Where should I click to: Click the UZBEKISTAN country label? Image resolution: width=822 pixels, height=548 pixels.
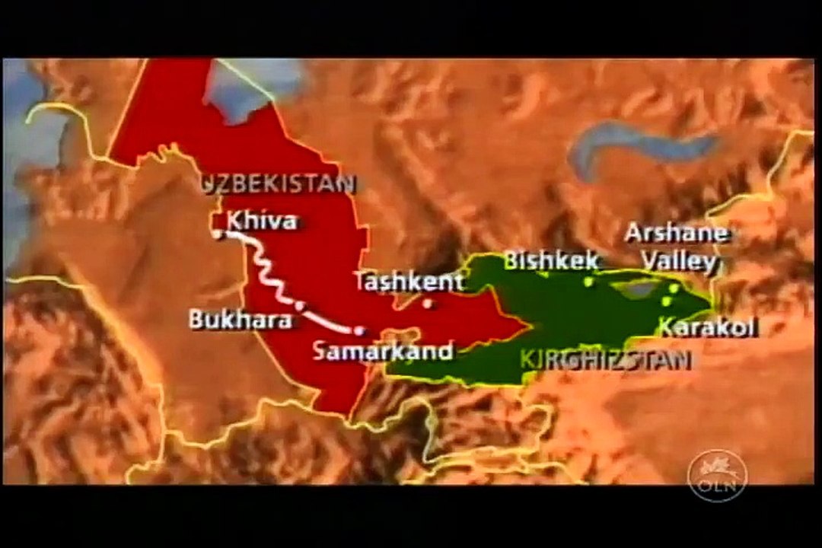pyautogui.click(x=279, y=183)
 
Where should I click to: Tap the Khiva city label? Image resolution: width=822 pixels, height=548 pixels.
pyautogui.click(x=261, y=221)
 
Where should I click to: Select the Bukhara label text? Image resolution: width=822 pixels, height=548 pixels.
pyautogui.click(x=240, y=320)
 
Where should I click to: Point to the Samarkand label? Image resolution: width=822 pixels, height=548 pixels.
pyautogui.click(x=383, y=351)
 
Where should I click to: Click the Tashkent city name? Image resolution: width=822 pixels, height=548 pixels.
pyautogui.click(x=409, y=281)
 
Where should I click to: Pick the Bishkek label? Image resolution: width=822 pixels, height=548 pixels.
pyautogui.click(x=551, y=260)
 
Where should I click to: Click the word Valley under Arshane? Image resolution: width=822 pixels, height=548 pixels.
pyautogui.click(x=680, y=262)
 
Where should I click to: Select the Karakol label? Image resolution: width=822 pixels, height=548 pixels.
pyautogui.click(x=707, y=328)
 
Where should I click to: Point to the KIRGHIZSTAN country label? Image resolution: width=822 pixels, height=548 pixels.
pyautogui.click(x=606, y=359)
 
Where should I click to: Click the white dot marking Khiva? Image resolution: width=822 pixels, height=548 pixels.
pyautogui.click(x=218, y=234)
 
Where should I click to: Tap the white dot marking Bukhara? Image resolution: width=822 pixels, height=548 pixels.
pyautogui.click(x=300, y=306)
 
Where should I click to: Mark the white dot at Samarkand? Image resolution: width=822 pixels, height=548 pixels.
pyautogui.click(x=359, y=330)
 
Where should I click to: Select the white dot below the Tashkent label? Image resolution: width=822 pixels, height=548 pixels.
pyautogui.click(x=428, y=303)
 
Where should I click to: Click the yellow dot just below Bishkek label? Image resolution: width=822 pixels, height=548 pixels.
pyautogui.click(x=588, y=282)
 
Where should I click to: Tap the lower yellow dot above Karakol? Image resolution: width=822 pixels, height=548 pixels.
pyautogui.click(x=666, y=301)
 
